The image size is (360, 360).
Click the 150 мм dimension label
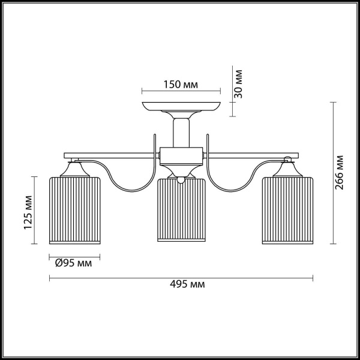point(181,85)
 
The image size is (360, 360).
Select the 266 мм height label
point(340,173)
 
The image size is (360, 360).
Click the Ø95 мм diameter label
point(74,263)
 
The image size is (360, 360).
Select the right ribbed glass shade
point(287,211)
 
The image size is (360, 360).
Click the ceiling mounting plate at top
point(181,109)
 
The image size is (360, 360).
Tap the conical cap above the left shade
point(74,169)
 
